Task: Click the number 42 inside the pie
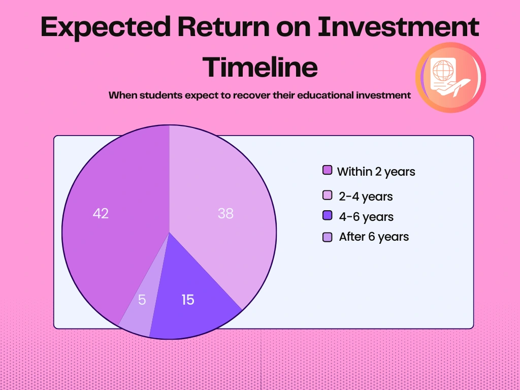[x=101, y=214]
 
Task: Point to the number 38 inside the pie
[x=225, y=214]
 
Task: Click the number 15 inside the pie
[x=188, y=300]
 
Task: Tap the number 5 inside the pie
[x=142, y=300]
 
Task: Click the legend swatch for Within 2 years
[x=328, y=170]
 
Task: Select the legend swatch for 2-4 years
[x=328, y=196]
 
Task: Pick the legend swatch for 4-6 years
[x=328, y=216]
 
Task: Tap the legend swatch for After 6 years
[x=328, y=237]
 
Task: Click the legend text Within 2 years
[x=376, y=172]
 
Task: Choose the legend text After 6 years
[x=374, y=237]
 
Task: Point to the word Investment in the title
[x=398, y=27]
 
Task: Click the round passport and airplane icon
[x=450, y=77]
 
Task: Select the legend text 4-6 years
[x=366, y=217]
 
